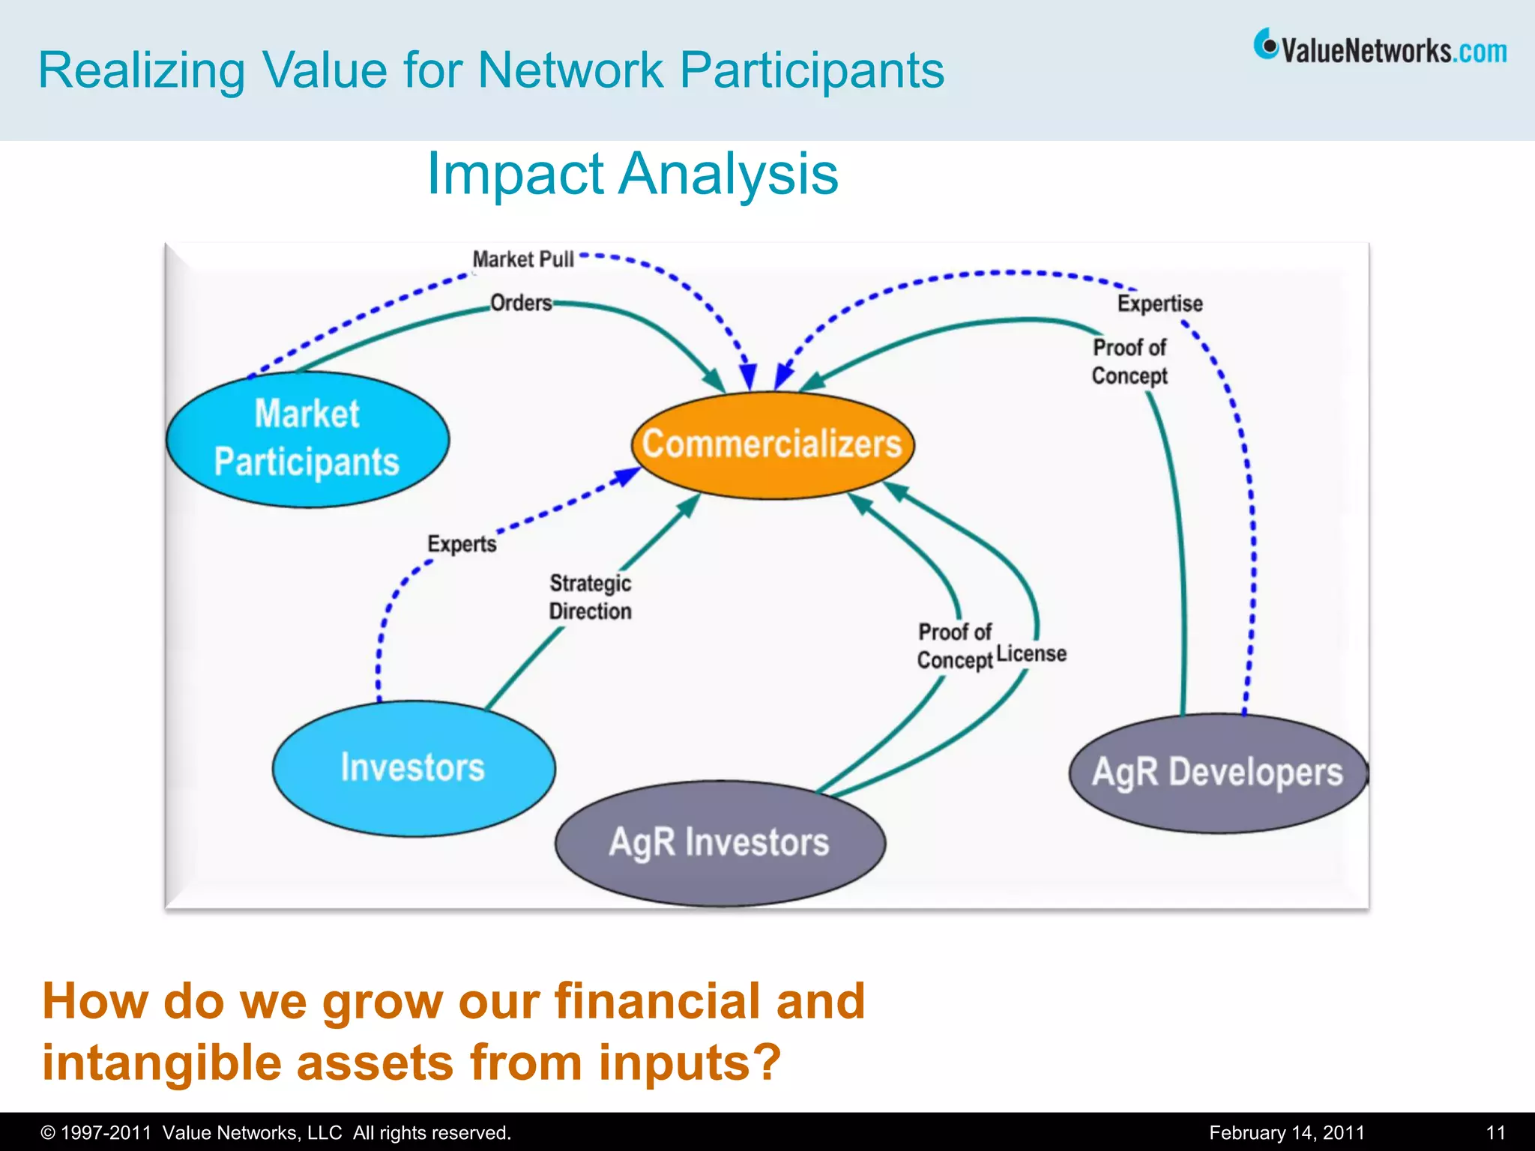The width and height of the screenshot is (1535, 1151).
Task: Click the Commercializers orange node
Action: click(x=773, y=444)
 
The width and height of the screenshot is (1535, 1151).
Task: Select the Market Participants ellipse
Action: click(x=307, y=439)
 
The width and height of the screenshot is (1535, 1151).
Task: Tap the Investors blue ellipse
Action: click(x=413, y=768)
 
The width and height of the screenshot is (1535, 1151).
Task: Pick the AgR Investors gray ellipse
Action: click(x=720, y=842)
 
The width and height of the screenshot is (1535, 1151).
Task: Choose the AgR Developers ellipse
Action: click(x=1218, y=773)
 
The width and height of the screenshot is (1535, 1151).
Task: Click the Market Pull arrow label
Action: click(x=523, y=259)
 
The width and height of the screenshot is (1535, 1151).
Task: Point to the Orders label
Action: click(x=521, y=303)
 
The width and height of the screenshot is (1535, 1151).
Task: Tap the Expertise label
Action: click(x=1159, y=303)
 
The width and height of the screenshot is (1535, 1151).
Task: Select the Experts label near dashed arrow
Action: click(x=462, y=543)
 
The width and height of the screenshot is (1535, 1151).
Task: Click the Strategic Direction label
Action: click(x=591, y=597)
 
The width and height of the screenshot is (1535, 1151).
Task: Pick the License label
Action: click(x=1031, y=653)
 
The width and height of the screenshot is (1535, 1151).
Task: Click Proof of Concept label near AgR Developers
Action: click(x=1130, y=361)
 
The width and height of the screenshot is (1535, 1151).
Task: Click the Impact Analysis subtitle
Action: click(x=632, y=174)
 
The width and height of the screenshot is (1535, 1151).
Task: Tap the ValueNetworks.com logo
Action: click(x=1381, y=49)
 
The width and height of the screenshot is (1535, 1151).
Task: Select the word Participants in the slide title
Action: click(x=812, y=70)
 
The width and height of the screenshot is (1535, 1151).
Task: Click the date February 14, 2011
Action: click(x=1286, y=1132)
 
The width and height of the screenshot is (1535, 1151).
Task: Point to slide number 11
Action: click(x=1495, y=1132)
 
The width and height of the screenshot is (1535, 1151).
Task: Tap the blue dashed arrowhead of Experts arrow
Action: click(x=627, y=476)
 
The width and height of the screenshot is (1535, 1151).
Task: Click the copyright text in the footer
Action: click(x=276, y=1132)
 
